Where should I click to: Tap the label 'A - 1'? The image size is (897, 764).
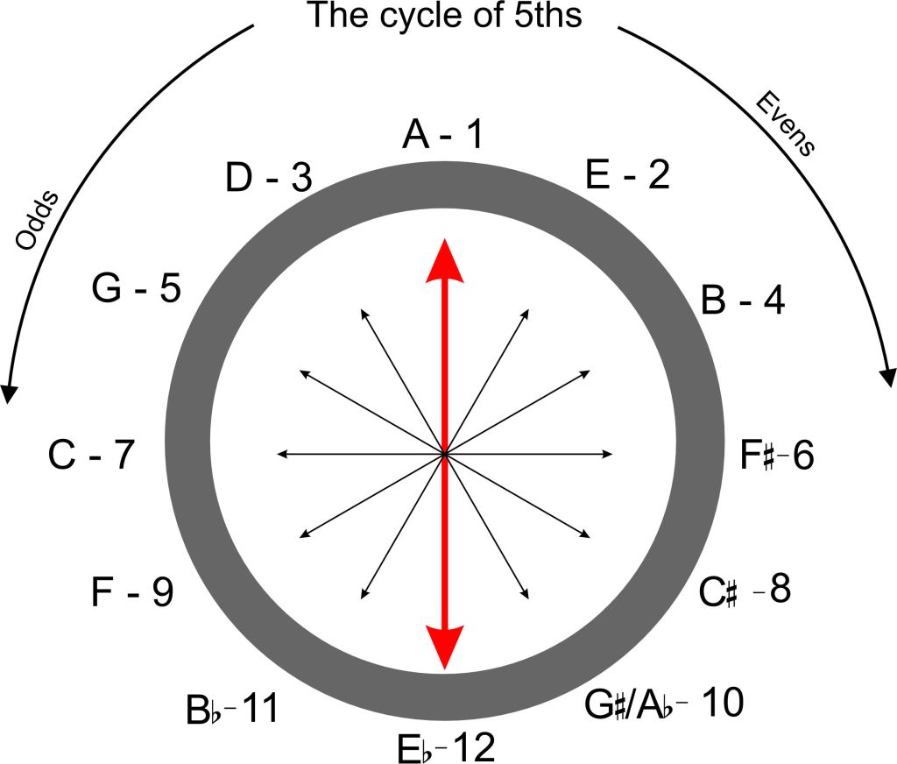(x=442, y=137)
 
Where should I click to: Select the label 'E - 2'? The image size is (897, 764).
(x=626, y=175)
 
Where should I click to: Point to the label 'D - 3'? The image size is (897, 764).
(x=268, y=178)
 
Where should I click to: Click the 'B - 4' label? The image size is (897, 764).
(x=743, y=301)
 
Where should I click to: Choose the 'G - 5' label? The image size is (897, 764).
(x=136, y=288)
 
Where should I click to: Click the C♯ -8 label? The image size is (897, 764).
(x=745, y=591)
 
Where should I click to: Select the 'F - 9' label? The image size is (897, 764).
(x=131, y=593)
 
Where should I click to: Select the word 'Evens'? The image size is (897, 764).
(x=785, y=125)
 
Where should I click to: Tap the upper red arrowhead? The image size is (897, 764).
(x=446, y=261)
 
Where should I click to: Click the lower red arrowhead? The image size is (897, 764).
(x=446, y=648)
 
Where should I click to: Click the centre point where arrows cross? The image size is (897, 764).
(x=446, y=454)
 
